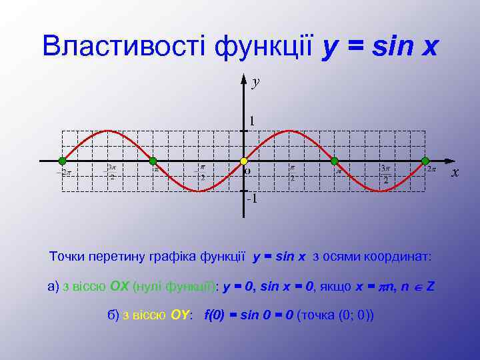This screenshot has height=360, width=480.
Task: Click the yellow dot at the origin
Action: click(244, 161)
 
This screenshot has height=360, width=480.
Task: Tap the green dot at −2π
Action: click(62, 161)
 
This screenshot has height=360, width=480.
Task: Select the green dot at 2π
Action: click(425, 161)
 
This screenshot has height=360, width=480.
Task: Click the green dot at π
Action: click(335, 161)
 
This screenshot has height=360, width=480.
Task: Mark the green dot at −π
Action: click(153, 161)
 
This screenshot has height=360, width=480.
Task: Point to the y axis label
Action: click(255, 82)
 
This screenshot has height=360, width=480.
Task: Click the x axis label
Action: click(455, 173)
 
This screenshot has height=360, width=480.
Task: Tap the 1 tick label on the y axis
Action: click(252, 121)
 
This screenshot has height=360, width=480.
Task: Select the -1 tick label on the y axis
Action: click(251, 199)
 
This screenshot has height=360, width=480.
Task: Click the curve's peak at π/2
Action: click(289, 130)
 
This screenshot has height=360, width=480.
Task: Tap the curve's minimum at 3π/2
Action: click(380, 192)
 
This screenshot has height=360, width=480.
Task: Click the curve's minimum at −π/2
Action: click(199, 192)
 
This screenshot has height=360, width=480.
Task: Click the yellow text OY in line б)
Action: click(179, 315)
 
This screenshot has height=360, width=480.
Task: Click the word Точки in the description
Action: click(67, 256)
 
